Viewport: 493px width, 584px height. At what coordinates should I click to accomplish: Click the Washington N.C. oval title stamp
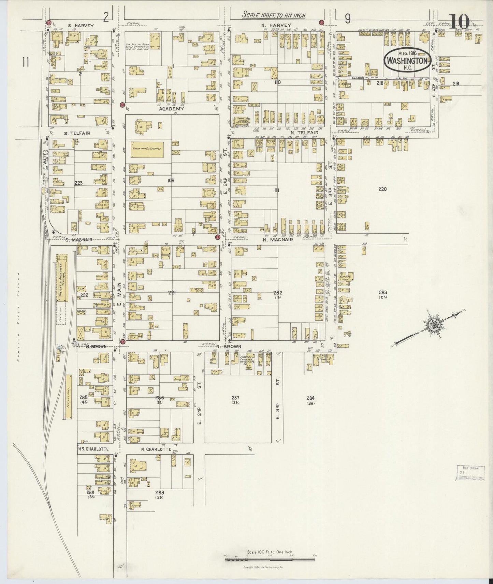click(x=407, y=60)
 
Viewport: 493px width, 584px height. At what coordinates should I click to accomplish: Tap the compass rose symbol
click(x=434, y=325)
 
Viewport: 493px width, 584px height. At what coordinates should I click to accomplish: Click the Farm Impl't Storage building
click(x=147, y=149)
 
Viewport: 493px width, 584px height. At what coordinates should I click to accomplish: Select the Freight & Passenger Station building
click(x=62, y=278)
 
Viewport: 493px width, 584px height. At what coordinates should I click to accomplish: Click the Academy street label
click(x=171, y=109)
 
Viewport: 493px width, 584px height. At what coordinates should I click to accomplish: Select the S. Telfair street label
click(x=77, y=133)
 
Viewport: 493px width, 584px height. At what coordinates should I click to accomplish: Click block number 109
click(x=171, y=180)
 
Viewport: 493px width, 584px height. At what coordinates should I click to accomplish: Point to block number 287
click(x=235, y=398)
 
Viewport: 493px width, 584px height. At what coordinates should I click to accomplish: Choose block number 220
click(x=382, y=189)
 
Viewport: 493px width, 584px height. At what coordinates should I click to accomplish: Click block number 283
click(x=382, y=292)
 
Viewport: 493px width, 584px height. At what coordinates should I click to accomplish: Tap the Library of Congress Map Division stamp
click(x=470, y=473)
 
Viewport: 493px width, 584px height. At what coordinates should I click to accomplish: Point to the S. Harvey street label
click(x=81, y=25)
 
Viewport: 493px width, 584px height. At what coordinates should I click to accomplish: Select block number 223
click(x=78, y=183)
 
